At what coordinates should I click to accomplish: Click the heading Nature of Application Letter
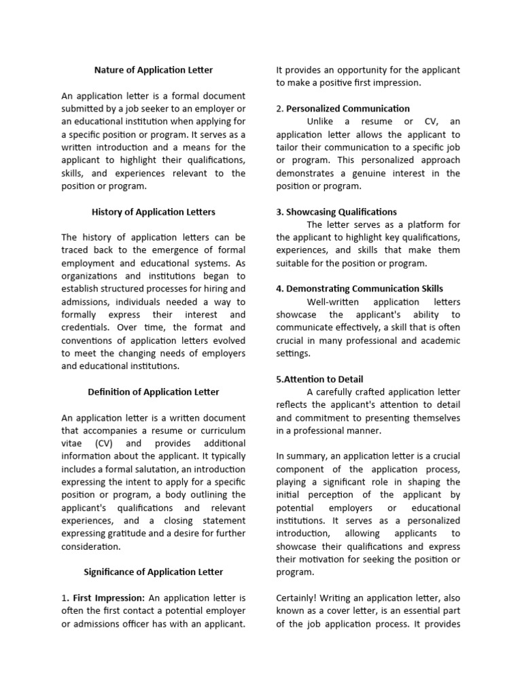(x=153, y=70)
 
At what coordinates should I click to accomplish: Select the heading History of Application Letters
(x=153, y=212)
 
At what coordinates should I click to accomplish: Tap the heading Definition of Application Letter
(x=154, y=392)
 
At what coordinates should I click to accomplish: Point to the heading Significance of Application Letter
(x=153, y=572)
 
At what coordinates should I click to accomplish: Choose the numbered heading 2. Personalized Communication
(x=343, y=109)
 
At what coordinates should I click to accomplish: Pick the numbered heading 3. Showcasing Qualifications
(x=336, y=212)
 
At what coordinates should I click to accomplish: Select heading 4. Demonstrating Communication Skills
(x=360, y=289)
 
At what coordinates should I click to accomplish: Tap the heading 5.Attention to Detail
(x=319, y=379)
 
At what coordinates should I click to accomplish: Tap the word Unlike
(x=324, y=122)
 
